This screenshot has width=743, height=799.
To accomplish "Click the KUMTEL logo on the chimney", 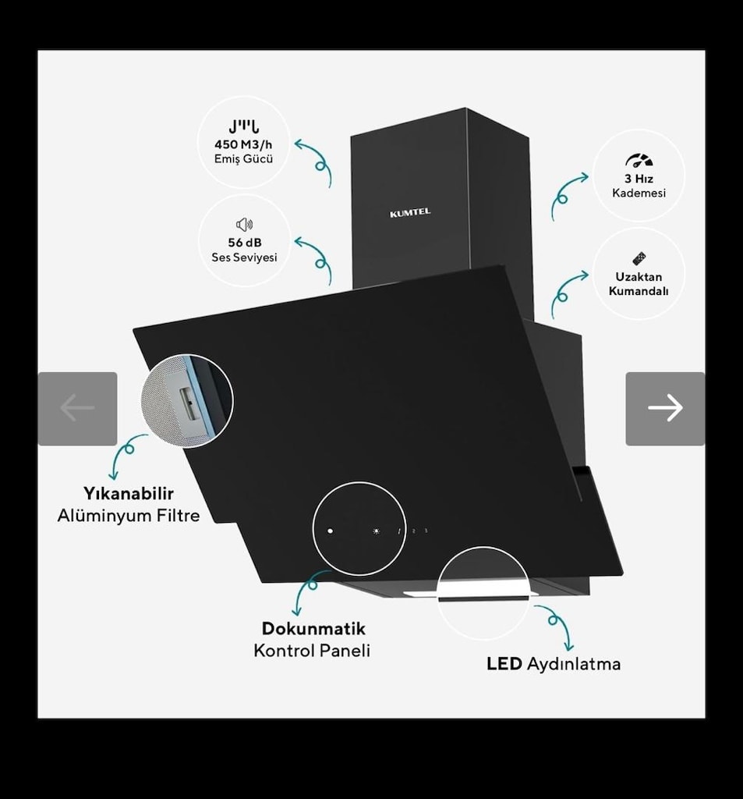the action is pyautogui.click(x=410, y=212).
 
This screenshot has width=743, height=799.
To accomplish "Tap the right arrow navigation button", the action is pyautogui.click(x=665, y=409).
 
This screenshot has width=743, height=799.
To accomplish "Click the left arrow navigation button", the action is pyautogui.click(x=77, y=409).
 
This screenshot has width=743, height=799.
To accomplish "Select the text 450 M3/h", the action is pyautogui.click(x=243, y=144).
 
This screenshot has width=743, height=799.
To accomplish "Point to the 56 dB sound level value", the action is pyautogui.click(x=245, y=243).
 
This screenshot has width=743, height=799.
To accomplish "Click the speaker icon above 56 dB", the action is pyautogui.click(x=245, y=224).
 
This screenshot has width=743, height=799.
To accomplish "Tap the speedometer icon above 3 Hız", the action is pyautogui.click(x=639, y=160).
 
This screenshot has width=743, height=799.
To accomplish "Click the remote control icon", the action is pyautogui.click(x=639, y=258).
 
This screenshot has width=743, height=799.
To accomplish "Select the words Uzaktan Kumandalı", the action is pyautogui.click(x=639, y=284).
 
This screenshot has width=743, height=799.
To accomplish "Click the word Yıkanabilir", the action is pyautogui.click(x=129, y=493).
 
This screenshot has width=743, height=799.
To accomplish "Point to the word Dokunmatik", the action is pyautogui.click(x=313, y=628).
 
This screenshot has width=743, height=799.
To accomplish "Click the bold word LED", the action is pyautogui.click(x=504, y=664).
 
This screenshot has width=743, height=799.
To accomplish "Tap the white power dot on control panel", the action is pyautogui.click(x=330, y=531).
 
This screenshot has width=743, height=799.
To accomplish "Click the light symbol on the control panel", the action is pyautogui.click(x=377, y=531).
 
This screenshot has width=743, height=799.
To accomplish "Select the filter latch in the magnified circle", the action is pyautogui.click(x=189, y=403).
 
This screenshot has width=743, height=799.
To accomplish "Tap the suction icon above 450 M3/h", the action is pyautogui.click(x=243, y=126).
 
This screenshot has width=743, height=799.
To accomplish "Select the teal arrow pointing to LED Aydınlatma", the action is pyautogui.click(x=557, y=625).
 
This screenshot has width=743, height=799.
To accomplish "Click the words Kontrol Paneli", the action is pyautogui.click(x=312, y=651).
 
